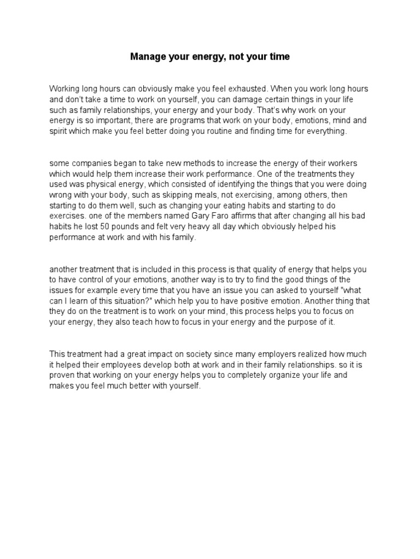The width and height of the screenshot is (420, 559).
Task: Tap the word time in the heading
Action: [x=278, y=56]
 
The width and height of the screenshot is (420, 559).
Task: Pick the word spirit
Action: [x=59, y=131]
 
